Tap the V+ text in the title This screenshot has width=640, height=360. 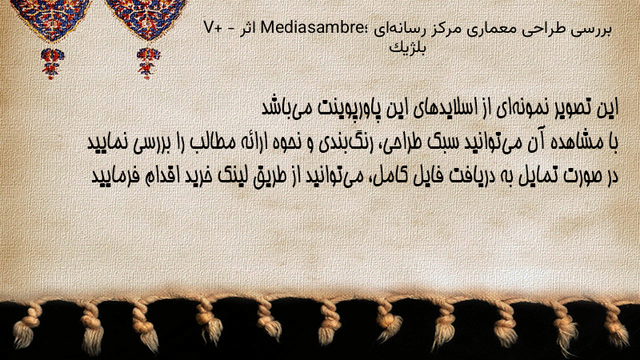pyautogui.click(x=212, y=28)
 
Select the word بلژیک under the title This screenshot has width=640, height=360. pyautogui.click(x=407, y=48)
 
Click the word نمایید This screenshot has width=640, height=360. pyautogui.click(x=108, y=142)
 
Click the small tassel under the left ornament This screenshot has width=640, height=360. pyautogui.click(x=52, y=63)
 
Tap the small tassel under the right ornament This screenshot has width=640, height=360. pyautogui.click(x=148, y=62)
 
